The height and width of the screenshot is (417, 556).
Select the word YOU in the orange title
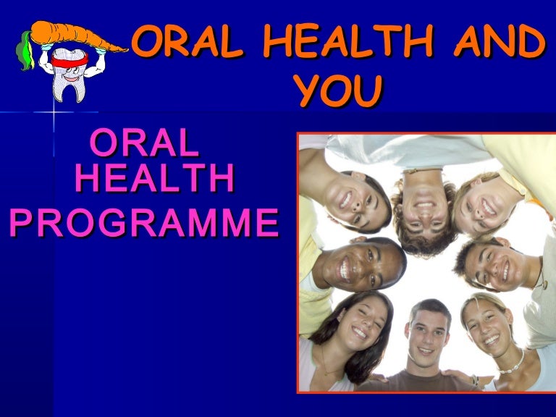click(339, 93)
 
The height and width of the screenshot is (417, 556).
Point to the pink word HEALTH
click(155, 180)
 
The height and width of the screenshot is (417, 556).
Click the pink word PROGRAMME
click(143, 223)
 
